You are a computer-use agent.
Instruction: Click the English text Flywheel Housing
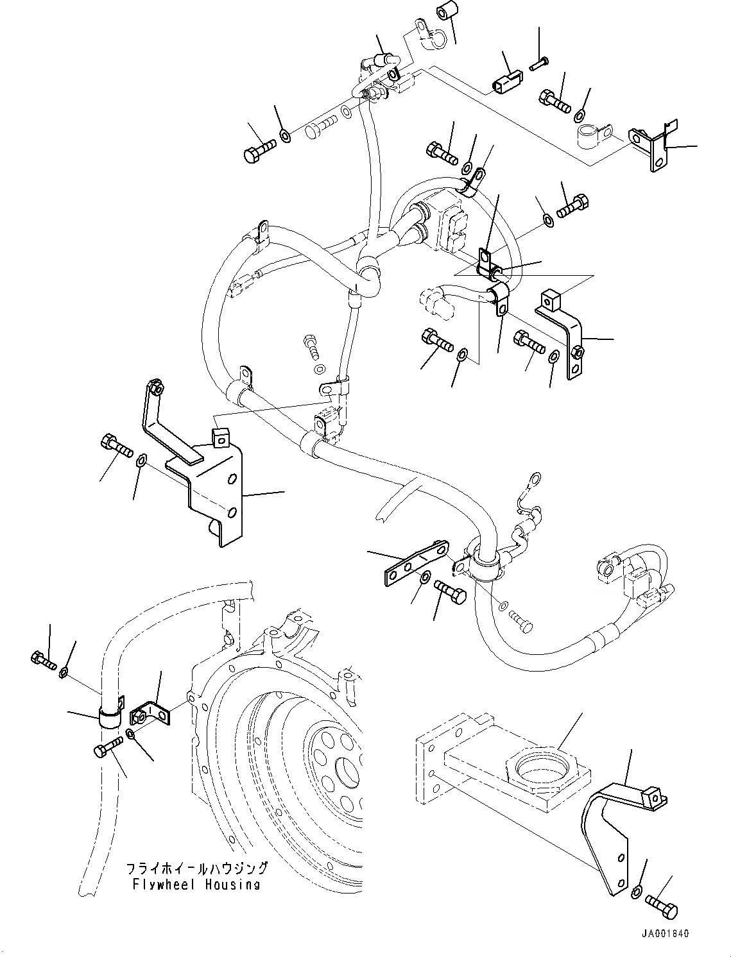click(196, 885)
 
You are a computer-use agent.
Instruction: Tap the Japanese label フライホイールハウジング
click(197, 869)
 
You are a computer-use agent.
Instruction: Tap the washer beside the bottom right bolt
click(636, 891)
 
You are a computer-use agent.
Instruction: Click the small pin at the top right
click(538, 62)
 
